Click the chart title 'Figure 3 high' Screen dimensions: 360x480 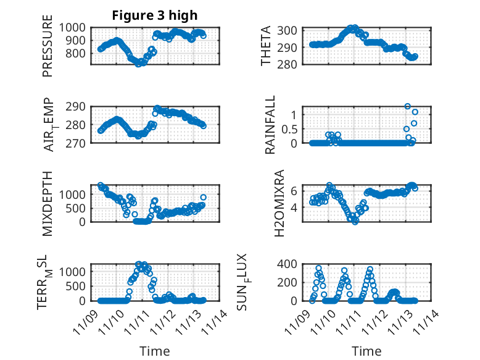(x=155, y=15)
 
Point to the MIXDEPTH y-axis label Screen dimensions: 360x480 (x=48, y=203)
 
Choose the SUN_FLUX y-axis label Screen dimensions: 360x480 (x=262, y=282)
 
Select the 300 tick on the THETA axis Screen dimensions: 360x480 (x=291, y=30)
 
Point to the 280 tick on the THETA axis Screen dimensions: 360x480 (x=291, y=64)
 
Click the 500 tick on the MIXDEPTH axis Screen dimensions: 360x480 (x=78, y=208)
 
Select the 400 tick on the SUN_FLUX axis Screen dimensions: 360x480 (x=291, y=264)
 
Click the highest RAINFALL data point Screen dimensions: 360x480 (x=407, y=106)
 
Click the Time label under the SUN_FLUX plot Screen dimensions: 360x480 (x=366, y=351)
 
